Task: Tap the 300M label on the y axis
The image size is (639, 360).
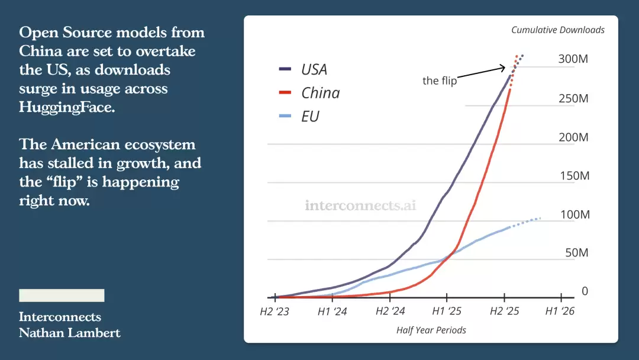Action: (573, 59)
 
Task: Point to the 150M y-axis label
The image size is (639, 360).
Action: (574, 176)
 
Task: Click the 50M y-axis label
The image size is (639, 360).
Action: (576, 253)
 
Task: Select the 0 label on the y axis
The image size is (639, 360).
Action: (585, 291)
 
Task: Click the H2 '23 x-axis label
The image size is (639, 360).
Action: (275, 311)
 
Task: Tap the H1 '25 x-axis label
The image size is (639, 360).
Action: (447, 311)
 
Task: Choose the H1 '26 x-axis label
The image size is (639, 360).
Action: (560, 311)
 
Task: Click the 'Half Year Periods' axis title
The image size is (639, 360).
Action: (431, 330)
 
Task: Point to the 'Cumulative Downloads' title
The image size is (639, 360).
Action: (558, 30)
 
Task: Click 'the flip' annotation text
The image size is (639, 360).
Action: (440, 81)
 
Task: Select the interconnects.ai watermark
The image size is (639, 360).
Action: (361, 205)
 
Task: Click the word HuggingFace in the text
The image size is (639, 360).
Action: (66, 107)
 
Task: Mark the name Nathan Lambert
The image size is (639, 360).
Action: (69, 333)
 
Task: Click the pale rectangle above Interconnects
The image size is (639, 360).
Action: (62, 295)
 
